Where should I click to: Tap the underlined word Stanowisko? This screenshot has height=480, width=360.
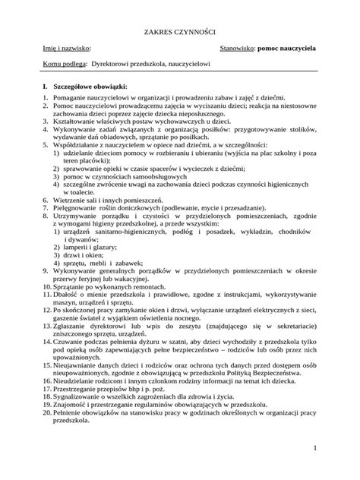coord(237,47)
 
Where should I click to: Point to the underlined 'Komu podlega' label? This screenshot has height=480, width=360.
coord(65,65)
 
